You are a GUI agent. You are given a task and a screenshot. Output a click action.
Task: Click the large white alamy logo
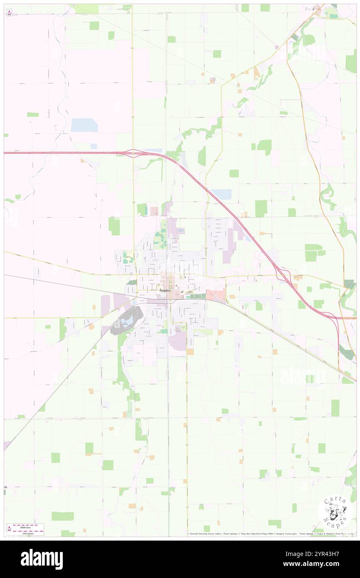[x=42, y=559]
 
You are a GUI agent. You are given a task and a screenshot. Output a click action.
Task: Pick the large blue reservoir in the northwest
[x=84, y=125]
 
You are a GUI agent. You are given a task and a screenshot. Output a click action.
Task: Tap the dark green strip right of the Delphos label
[x=199, y=296]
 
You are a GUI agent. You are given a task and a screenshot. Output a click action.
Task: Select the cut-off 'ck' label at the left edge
[x=5, y=487]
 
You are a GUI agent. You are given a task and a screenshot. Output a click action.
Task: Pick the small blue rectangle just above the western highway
[x=94, y=146]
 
